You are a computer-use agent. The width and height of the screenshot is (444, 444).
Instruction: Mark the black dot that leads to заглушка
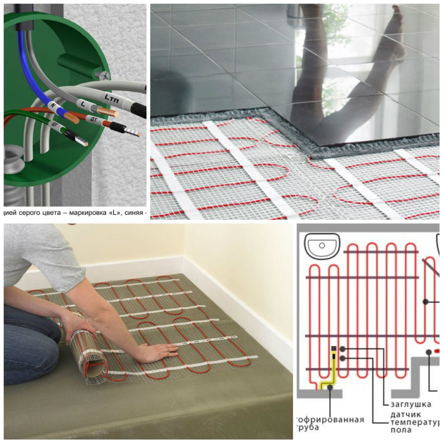(343, 349)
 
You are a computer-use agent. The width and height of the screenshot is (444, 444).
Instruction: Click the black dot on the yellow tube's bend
(330, 388)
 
